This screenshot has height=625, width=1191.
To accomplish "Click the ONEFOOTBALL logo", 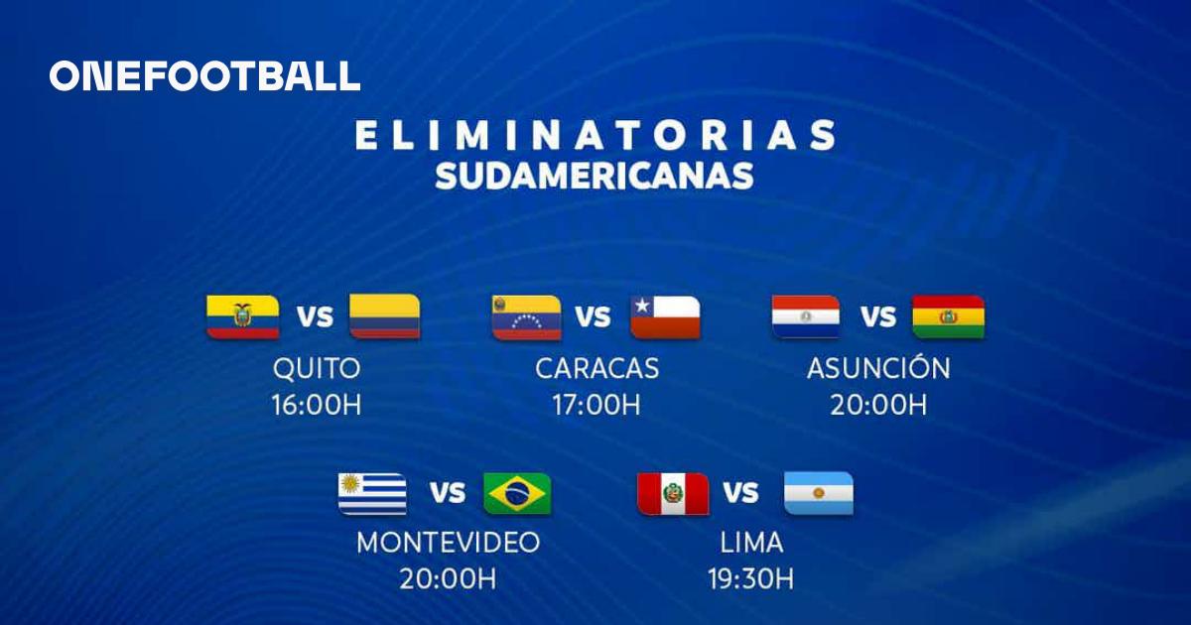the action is [x=204, y=75].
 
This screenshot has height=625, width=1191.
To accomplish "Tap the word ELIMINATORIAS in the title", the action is [x=595, y=135].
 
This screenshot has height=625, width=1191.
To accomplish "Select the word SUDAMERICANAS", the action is [x=595, y=176].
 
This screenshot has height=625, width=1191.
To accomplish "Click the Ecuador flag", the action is [x=243, y=316].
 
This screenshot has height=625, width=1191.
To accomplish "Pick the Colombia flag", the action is [x=385, y=316].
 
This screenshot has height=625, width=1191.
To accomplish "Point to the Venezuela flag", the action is [x=527, y=317].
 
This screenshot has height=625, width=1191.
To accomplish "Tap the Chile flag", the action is [x=666, y=317].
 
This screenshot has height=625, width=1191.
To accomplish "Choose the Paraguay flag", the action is [x=806, y=316].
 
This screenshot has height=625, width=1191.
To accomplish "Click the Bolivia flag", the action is [x=949, y=316].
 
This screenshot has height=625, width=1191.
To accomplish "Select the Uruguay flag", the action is [x=373, y=494].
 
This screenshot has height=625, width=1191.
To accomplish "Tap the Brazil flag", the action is [x=517, y=494].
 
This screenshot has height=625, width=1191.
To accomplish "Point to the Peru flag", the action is [x=673, y=494].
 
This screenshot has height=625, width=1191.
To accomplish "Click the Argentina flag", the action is [x=819, y=494].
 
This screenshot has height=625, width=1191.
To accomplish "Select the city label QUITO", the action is [x=317, y=368].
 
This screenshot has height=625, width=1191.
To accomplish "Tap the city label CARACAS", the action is [x=597, y=368].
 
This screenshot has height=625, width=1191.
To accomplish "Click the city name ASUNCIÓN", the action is [x=878, y=367].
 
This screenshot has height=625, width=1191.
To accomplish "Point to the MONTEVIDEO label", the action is [x=449, y=543].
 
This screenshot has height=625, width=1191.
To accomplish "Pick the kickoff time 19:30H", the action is [x=750, y=578].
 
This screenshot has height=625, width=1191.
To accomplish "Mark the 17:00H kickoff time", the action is [x=596, y=405].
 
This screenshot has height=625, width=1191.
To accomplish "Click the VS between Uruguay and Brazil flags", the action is [x=448, y=493].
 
